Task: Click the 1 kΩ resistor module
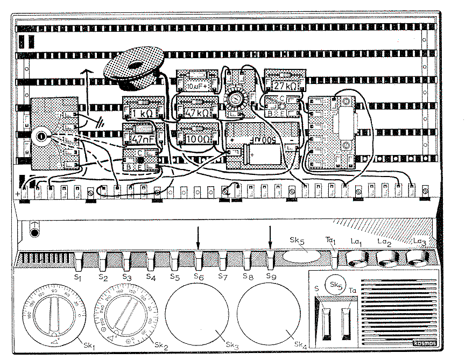click(x=143, y=111)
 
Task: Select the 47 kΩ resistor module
click(x=197, y=112)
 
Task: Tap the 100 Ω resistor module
click(x=198, y=137)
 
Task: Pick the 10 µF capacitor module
click(x=197, y=86)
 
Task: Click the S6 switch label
click(x=199, y=277)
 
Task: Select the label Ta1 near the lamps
click(x=331, y=241)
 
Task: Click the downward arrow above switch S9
click(x=270, y=236)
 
